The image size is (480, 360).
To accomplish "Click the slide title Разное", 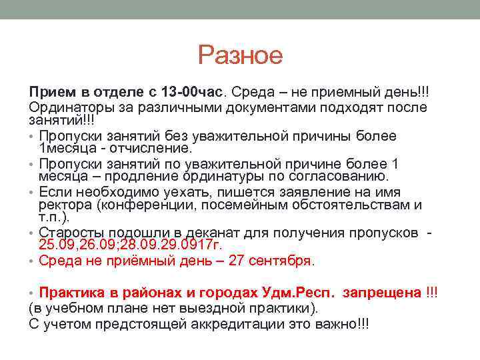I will [240, 55].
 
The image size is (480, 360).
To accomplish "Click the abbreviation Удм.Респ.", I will [302, 293].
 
